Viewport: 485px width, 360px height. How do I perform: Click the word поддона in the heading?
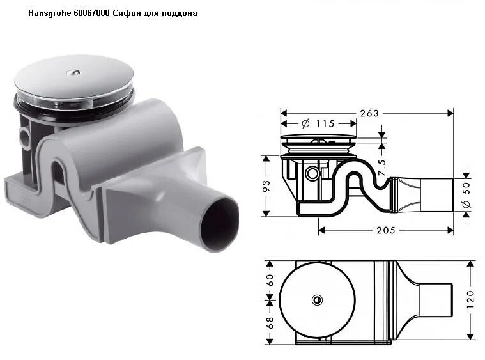pos(181,13)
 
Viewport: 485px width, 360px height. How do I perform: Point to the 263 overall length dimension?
pos(369,113)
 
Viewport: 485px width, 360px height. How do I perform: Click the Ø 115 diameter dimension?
pos(318,123)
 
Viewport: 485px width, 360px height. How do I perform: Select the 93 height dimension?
pos(267,185)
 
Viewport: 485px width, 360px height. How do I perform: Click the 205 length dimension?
pos(385,230)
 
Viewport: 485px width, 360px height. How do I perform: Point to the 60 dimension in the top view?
pos(270,279)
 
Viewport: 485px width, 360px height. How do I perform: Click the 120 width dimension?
pos(471,299)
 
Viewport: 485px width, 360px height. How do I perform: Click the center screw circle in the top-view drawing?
pos(316,299)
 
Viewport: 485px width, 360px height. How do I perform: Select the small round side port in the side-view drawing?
pos(312,173)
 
